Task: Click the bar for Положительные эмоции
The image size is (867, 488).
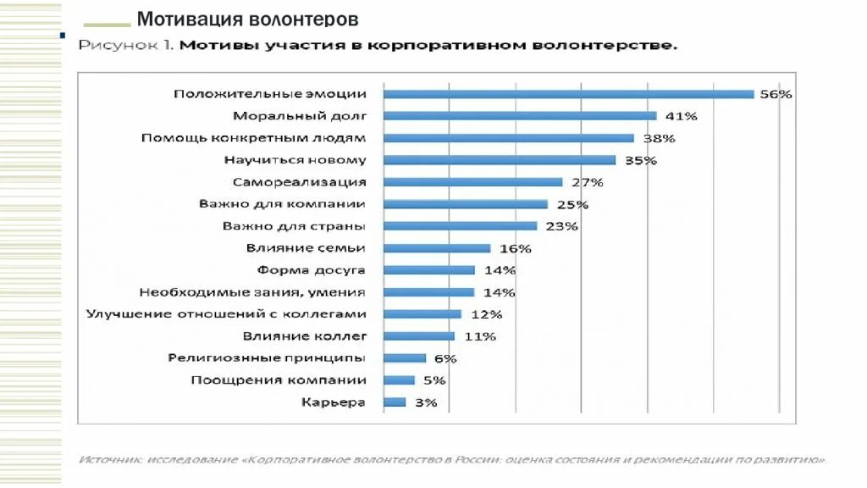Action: (569, 94)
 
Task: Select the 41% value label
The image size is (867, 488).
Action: (681, 116)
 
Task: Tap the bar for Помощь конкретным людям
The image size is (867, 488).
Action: (509, 138)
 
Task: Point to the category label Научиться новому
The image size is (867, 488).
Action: (295, 160)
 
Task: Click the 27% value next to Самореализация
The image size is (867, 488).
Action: (587, 182)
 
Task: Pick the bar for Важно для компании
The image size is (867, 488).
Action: (466, 204)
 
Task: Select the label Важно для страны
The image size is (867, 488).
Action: (294, 226)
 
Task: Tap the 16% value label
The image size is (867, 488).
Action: (515, 248)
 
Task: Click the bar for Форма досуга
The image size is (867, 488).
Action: (429, 270)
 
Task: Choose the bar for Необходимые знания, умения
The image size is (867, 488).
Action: (429, 292)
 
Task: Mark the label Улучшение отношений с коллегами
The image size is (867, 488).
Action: (226, 314)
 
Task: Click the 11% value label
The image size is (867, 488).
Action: (479, 336)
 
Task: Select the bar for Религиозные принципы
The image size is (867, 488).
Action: (405, 358)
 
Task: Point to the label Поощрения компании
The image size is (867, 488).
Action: (279, 380)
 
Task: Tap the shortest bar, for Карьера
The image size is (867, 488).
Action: (395, 402)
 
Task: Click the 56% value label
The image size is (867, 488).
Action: (776, 94)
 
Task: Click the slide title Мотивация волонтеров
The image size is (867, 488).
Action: (247, 19)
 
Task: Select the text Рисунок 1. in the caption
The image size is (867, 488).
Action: (126, 45)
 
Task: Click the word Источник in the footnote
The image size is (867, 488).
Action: (111, 460)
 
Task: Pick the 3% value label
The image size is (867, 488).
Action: (426, 402)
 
